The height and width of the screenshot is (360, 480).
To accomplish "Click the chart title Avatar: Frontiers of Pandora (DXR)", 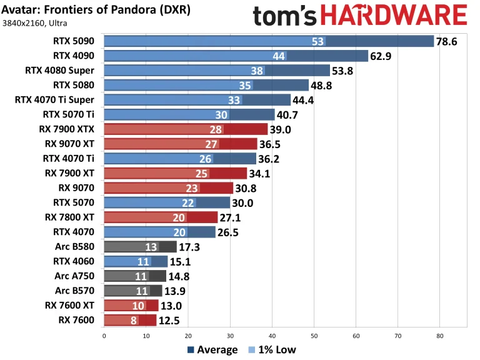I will click(96, 11).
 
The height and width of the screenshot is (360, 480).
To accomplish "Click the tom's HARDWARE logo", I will click(360, 16).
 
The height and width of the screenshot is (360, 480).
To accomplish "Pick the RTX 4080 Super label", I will click(59, 71).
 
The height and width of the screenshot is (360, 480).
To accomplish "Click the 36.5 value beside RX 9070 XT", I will click(272, 144).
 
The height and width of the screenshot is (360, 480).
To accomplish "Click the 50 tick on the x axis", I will click(314, 336).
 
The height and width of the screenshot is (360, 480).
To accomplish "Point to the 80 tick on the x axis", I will click(439, 336).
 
